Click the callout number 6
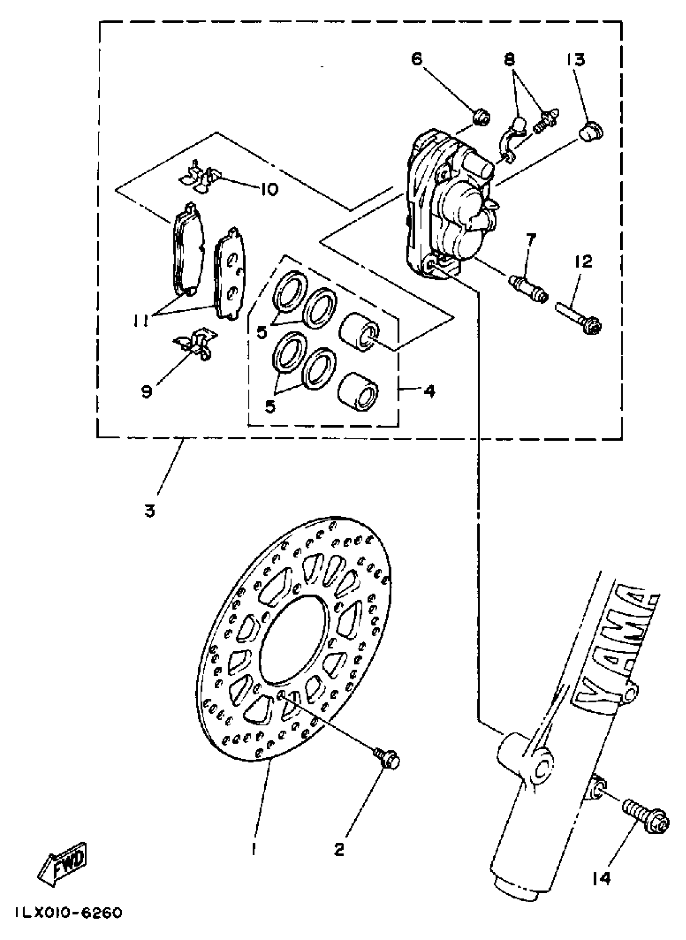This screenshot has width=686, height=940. pyautogui.click(x=416, y=58)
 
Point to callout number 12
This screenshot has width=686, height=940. pyautogui.click(x=584, y=262)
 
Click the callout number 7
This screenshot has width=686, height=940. pyautogui.click(x=531, y=240)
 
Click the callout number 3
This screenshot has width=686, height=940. pyautogui.click(x=149, y=511)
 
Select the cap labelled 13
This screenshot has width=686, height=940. pyautogui.click(x=591, y=132)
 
